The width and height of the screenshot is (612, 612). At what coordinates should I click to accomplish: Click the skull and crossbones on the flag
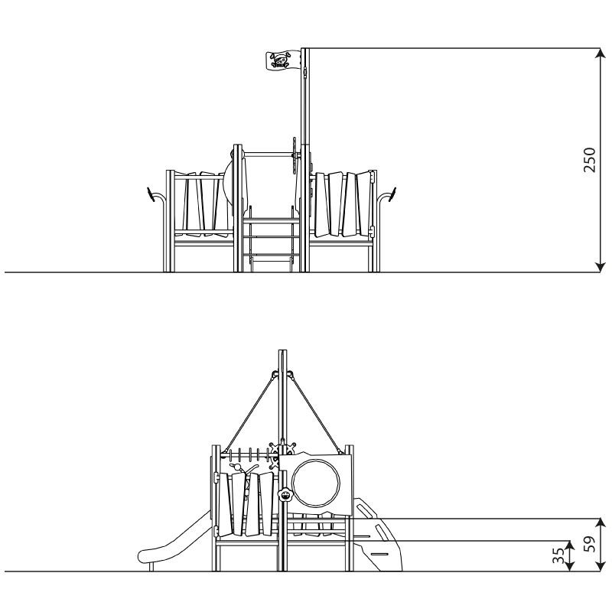pos(280,61)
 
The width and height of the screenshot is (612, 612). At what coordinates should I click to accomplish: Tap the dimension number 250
pos(589,160)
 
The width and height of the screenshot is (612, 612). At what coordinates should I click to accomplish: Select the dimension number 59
pos(591,544)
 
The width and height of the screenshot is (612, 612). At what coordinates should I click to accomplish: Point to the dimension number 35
pos(558,555)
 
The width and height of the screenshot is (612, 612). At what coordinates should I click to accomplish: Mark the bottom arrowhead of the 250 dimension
pos(601,267)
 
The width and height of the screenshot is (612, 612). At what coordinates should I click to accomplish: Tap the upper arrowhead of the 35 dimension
pos(570,545)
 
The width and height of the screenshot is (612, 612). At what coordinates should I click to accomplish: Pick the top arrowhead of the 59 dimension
pos(601,524)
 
